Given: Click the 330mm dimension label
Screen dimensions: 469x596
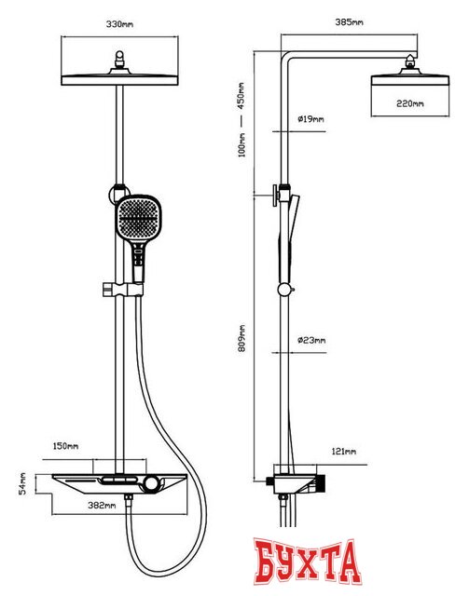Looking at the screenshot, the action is click(x=119, y=24).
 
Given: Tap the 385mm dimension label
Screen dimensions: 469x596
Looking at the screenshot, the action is click(x=349, y=22).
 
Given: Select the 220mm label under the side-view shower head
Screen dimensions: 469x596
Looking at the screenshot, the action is click(x=410, y=103).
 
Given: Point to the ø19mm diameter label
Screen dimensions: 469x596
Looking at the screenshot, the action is click(x=310, y=119).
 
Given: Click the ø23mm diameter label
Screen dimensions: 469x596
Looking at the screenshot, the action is click(x=311, y=340).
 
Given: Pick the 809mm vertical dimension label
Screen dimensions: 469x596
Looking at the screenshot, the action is click(x=242, y=338).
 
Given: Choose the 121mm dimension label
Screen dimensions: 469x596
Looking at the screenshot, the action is click(x=344, y=452).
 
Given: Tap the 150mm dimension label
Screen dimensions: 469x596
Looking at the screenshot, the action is click(x=65, y=445).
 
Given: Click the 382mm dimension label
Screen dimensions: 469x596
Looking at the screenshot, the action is click(x=102, y=506).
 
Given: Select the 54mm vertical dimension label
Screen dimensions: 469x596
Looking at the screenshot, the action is click(x=22, y=483).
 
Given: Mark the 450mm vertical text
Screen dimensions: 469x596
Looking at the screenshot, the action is click(x=241, y=96).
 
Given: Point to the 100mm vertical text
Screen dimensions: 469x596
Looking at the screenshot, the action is click(x=241, y=145).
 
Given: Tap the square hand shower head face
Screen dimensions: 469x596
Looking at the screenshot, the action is click(x=138, y=219).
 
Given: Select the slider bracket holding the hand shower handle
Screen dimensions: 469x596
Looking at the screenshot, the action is click(x=122, y=290).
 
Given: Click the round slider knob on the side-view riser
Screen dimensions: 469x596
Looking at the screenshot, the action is click(x=284, y=290).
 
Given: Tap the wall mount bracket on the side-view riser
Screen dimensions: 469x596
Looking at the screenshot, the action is click(x=279, y=196).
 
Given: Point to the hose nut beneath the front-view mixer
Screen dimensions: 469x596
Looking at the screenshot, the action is click(x=129, y=498).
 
